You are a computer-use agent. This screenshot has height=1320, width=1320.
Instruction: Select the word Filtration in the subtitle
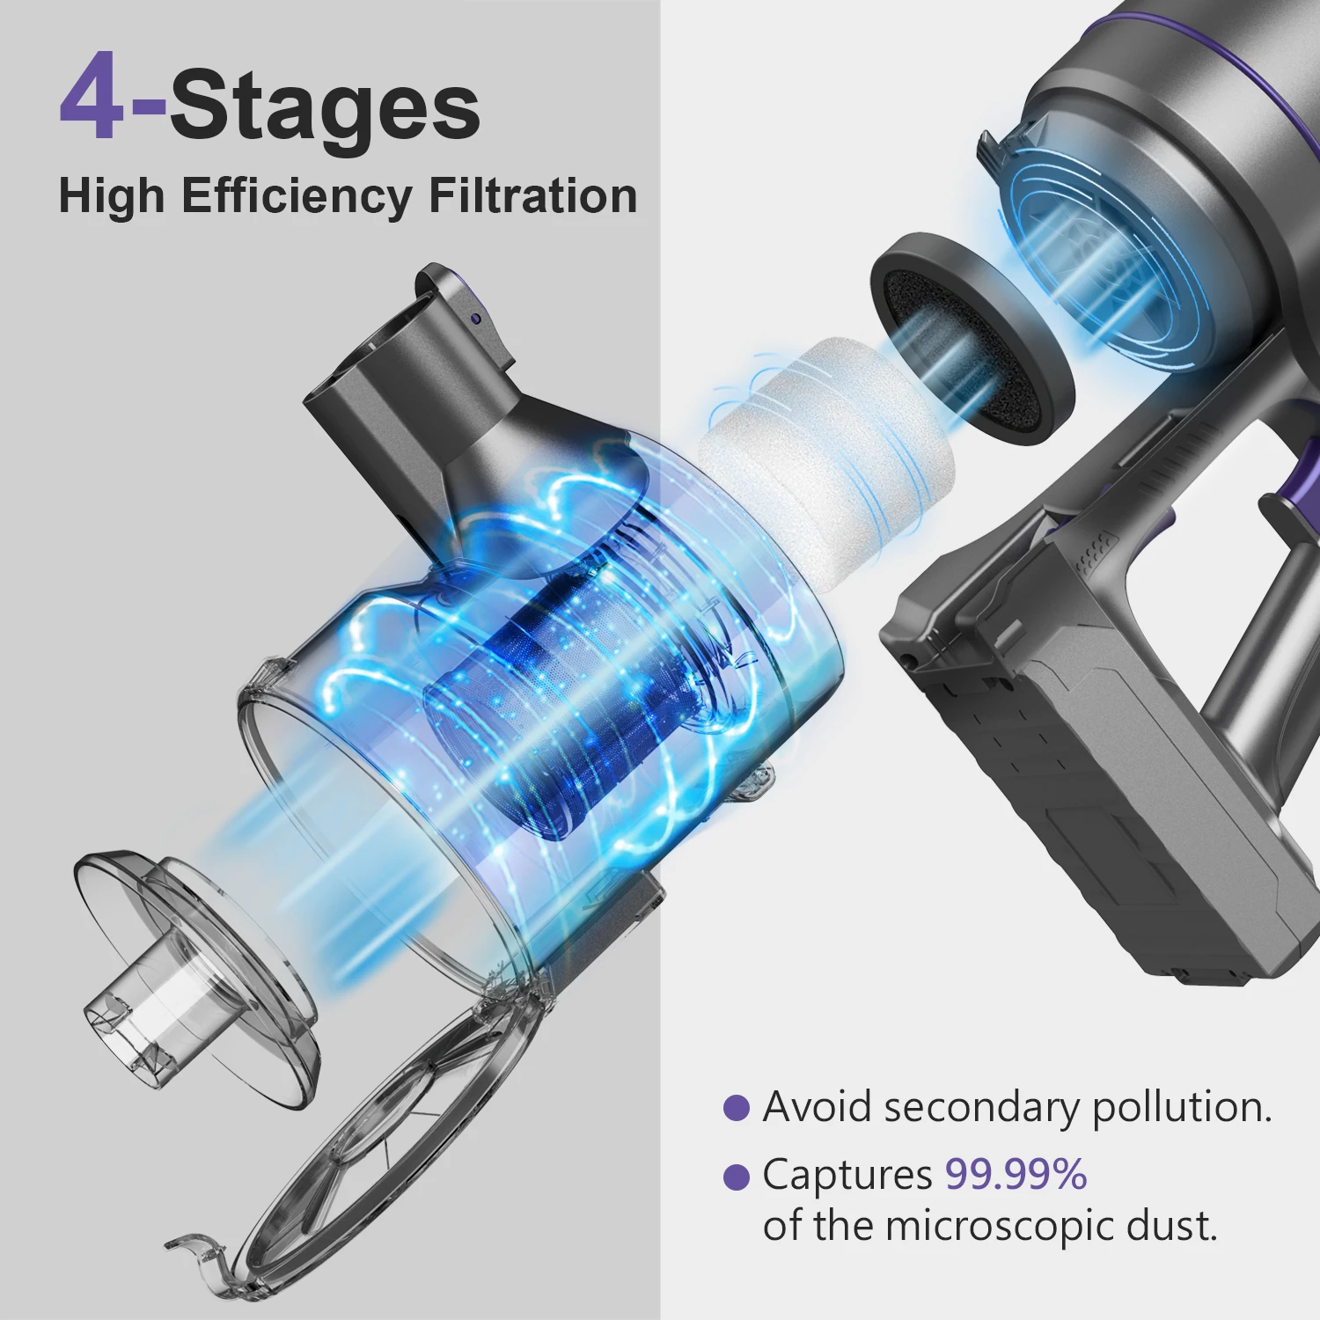(x=532, y=195)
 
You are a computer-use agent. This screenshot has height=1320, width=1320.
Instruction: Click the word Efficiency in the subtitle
(x=297, y=195)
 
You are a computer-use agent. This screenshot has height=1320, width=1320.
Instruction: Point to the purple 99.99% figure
(x=1016, y=1174)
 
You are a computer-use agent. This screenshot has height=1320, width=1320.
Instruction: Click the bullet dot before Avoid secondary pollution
(x=736, y=1108)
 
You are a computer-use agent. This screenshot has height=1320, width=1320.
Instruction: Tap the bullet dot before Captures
(x=736, y=1177)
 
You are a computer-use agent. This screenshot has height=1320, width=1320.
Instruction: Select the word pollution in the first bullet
(x=1181, y=1108)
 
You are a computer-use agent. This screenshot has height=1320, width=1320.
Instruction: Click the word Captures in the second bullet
(x=847, y=1175)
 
